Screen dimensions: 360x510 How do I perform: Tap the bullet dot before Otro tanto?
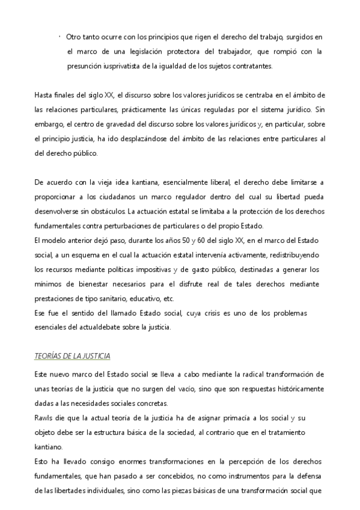click(61, 37)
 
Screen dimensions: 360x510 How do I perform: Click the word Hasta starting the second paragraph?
click(44, 95)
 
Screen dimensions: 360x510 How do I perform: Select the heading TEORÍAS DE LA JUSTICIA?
click(72, 356)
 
